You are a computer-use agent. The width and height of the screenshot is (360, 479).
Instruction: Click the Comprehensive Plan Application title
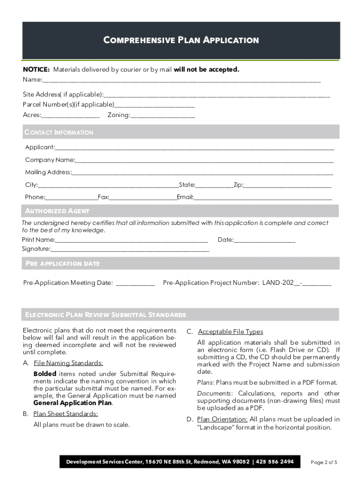click(181, 40)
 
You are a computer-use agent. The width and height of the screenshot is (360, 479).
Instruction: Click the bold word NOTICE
click(36, 70)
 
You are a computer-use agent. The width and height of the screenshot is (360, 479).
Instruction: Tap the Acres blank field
click(71, 116)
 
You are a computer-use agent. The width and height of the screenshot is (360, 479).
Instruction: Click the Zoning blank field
click(163, 116)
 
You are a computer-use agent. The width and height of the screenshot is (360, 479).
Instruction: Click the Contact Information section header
click(59, 132)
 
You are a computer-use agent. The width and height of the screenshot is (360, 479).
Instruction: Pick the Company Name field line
click(204, 160)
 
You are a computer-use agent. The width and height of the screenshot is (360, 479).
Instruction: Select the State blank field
click(214, 185)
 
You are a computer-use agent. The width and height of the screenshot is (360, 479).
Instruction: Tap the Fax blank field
click(143, 198)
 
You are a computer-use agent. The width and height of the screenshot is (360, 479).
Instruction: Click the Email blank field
click(262, 198)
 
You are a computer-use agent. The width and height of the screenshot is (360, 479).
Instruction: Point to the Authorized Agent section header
click(57, 211)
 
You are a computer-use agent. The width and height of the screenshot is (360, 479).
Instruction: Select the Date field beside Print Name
click(265, 240)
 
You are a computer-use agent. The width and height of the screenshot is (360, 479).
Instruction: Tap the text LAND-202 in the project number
click(278, 283)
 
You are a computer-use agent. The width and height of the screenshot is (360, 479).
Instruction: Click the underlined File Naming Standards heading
click(68, 363)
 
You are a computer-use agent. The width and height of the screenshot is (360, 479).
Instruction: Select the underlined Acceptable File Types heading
click(230, 332)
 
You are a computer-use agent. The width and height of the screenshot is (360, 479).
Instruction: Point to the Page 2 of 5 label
click(324, 462)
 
